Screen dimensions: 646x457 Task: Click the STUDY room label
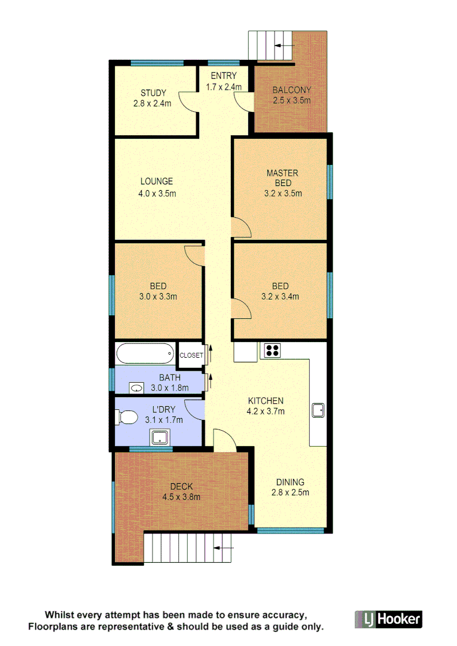point(153,93)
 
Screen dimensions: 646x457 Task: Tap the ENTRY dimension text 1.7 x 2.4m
point(224,87)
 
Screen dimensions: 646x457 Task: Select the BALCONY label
point(291,90)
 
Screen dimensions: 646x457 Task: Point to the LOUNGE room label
point(157,181)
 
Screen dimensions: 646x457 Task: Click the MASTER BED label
point(282,178)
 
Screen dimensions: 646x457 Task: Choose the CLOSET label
point(191,355)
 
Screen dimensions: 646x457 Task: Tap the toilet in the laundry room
point(127,416)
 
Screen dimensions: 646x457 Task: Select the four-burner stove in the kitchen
point(272,351)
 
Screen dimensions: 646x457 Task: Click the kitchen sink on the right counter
point(318,410)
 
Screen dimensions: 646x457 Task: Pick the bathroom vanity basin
point(138,388)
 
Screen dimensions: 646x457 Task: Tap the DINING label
point(290,482)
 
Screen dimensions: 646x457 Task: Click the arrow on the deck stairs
point(223,547)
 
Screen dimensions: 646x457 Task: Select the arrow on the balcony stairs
point(284,45)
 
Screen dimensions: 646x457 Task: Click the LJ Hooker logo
point(389,619)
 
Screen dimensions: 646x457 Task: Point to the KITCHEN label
point(266,401)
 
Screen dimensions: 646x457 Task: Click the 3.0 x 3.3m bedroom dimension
point(158,295)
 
